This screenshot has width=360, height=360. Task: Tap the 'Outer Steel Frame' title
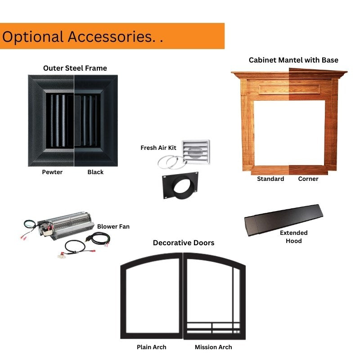point(75,68)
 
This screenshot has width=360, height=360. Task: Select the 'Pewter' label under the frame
point(52,172)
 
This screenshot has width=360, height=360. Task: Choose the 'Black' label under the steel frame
point(95,172)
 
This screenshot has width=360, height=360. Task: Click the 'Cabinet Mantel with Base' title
point(293,60)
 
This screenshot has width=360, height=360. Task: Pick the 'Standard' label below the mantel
point(270,179)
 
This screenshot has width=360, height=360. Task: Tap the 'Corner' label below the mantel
point(308,179)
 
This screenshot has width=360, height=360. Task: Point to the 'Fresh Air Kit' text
point(158,148)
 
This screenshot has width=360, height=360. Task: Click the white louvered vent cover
point(196,152)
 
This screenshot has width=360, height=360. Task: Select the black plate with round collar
point(180,185)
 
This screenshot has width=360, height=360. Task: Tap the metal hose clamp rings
point(171,162)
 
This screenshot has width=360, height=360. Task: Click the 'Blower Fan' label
point(113,227)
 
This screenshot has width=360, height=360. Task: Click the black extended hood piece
point(283,220)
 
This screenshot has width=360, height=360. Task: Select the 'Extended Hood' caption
point(294,237)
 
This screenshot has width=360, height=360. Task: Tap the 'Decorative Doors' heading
point(184,243)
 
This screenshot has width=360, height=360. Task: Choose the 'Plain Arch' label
point(152,347)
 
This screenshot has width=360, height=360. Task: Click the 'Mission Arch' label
point(213,347)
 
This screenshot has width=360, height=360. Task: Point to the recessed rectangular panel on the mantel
point(289,89)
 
